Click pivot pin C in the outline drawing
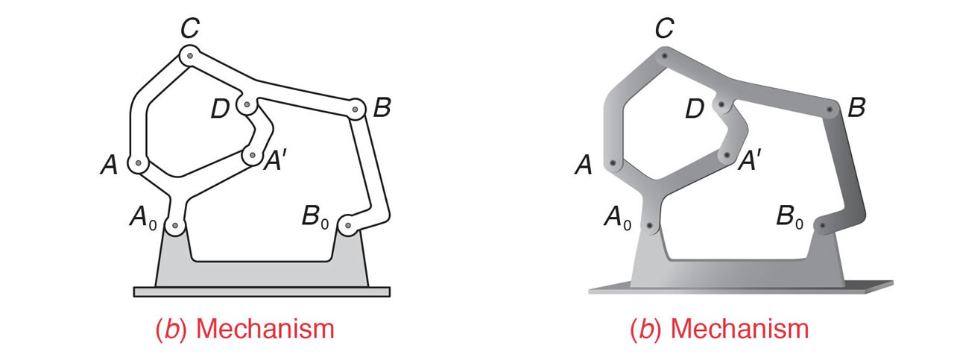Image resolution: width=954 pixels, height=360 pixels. coord(190,55)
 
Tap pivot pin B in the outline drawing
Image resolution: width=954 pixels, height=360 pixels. coord(356,110)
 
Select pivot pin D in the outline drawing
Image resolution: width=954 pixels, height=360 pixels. coord(247,104)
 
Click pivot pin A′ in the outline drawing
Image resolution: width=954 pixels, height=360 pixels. coord(253,156)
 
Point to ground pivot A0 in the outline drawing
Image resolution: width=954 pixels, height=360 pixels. coord(174,225)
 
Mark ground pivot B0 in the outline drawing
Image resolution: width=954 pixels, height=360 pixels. coord(348,225)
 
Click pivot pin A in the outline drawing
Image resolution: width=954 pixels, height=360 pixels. coord(138,162)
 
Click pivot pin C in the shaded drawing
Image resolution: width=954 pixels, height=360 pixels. coord(664,56)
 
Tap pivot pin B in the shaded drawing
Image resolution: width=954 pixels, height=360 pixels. coord(830,110)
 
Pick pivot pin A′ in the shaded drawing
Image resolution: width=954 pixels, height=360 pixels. coord(727,156)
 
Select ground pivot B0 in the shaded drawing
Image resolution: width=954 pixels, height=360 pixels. coord(823,225)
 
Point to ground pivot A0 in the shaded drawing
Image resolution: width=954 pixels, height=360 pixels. coord(649,225)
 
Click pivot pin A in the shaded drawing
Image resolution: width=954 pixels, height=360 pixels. coord(613,163)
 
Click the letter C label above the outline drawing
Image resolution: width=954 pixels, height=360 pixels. coord(190,28)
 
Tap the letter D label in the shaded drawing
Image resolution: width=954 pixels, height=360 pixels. coord(695,109)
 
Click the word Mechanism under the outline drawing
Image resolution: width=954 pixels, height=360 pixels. coord(265,329)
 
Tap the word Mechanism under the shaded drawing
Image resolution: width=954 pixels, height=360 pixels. coord(740,329)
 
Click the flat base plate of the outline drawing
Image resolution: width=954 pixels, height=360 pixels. coord(262,292)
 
